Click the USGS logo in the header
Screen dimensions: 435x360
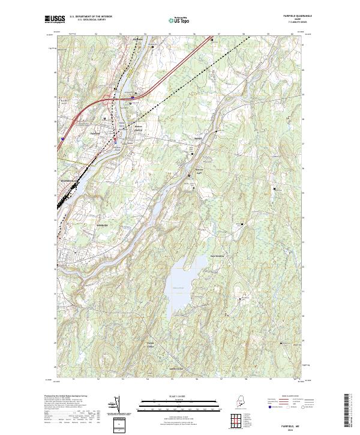tap(55, 19)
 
